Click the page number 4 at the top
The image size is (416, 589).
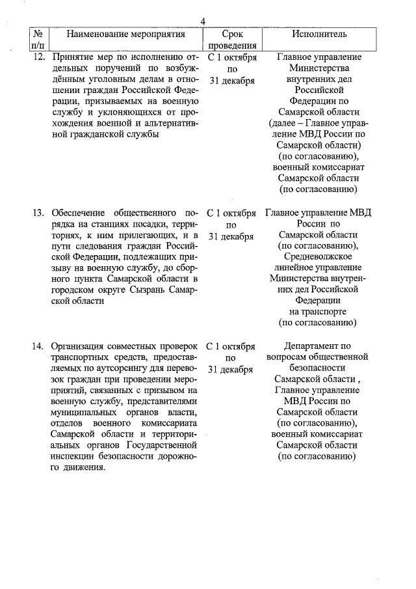click(x=203, y=21)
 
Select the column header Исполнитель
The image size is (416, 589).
click(x=318, y=34)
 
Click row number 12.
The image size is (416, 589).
click(x=39, y=57)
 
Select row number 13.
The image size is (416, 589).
click(x=39, y=212)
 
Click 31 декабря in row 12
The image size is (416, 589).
click(x=231, y=80)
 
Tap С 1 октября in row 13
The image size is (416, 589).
click(x=231, y=212)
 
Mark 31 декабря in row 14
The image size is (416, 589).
click(x=231, y=369)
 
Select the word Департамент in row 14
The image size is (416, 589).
click(x=318, y=346)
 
